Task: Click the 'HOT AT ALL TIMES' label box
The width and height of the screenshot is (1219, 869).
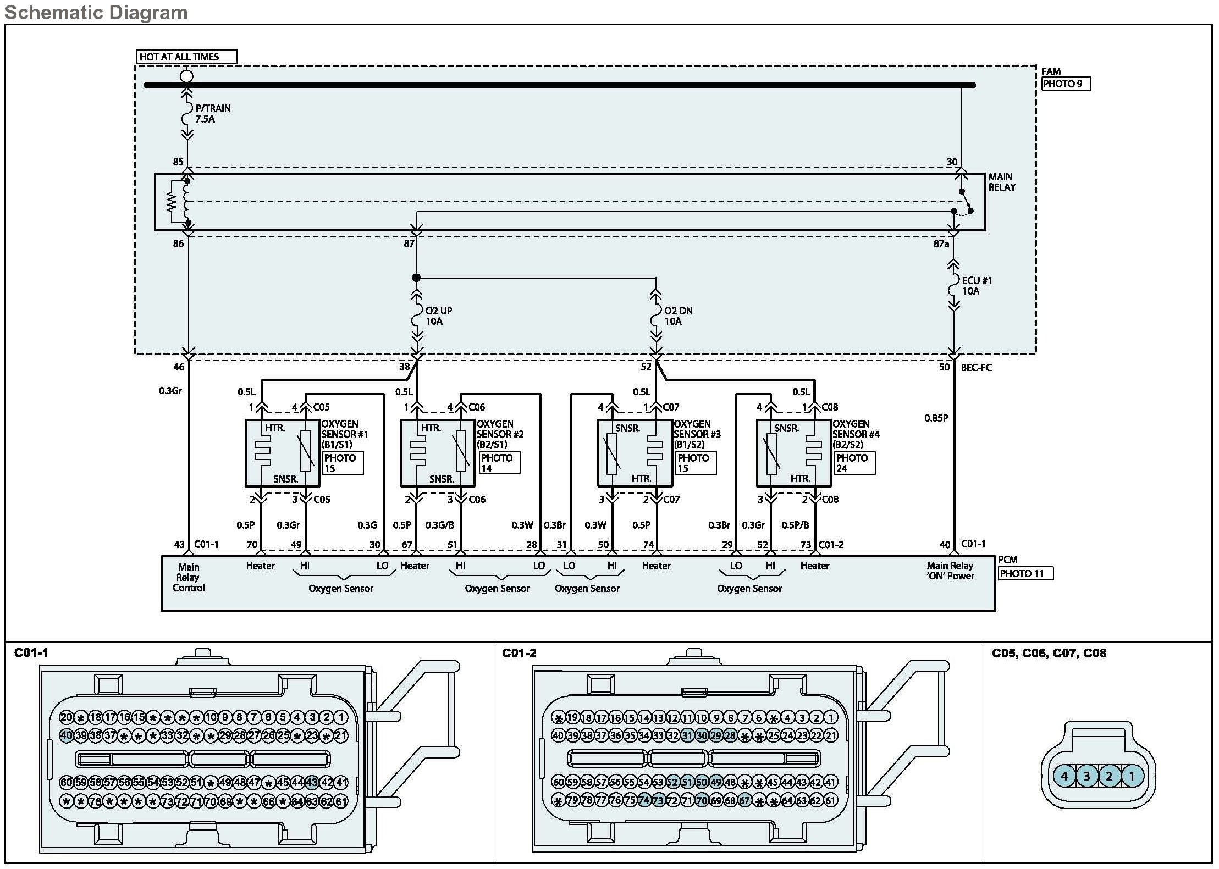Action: click(x=186, y=57)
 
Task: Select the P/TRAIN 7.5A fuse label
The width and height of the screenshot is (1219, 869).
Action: click(x=212, y=114)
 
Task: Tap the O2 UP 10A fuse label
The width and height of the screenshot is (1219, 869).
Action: click(x=438, y=316)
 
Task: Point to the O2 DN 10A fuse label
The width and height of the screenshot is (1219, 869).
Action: click(x=678, y=316)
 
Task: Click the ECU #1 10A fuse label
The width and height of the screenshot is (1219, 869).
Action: click(x=977, y=286)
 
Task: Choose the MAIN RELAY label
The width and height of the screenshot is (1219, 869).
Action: click(x=1002, y=182)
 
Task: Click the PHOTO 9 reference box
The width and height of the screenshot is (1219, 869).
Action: click(x=1066, y=84)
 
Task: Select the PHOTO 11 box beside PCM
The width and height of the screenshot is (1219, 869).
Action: click(x=1025, y=574)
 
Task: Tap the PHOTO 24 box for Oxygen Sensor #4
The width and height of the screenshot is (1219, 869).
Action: click(x=854, y=463)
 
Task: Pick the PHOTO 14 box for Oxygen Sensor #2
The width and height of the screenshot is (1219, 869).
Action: click(x=499, y=463)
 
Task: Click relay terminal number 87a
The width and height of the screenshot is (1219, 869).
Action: click(x=941, y=243)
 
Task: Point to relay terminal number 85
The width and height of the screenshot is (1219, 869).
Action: click(x=178, y=162)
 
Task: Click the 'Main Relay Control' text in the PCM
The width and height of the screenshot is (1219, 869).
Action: click(x=189, y=577)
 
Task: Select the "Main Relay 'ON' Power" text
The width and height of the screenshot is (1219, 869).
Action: click(x=950, y=571)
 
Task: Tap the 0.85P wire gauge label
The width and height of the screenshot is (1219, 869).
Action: click(x=936, y=418)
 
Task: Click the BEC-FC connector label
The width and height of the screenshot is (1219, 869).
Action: click(x=976, y=367)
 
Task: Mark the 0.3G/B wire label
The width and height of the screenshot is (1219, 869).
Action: click(x=439, y=525)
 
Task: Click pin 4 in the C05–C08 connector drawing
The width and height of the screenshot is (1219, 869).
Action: click(x=1064, y=776)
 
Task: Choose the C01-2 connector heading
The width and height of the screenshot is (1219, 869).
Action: click(x=519, y=654)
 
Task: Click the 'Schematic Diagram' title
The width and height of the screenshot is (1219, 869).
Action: click(x=96, y=12)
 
